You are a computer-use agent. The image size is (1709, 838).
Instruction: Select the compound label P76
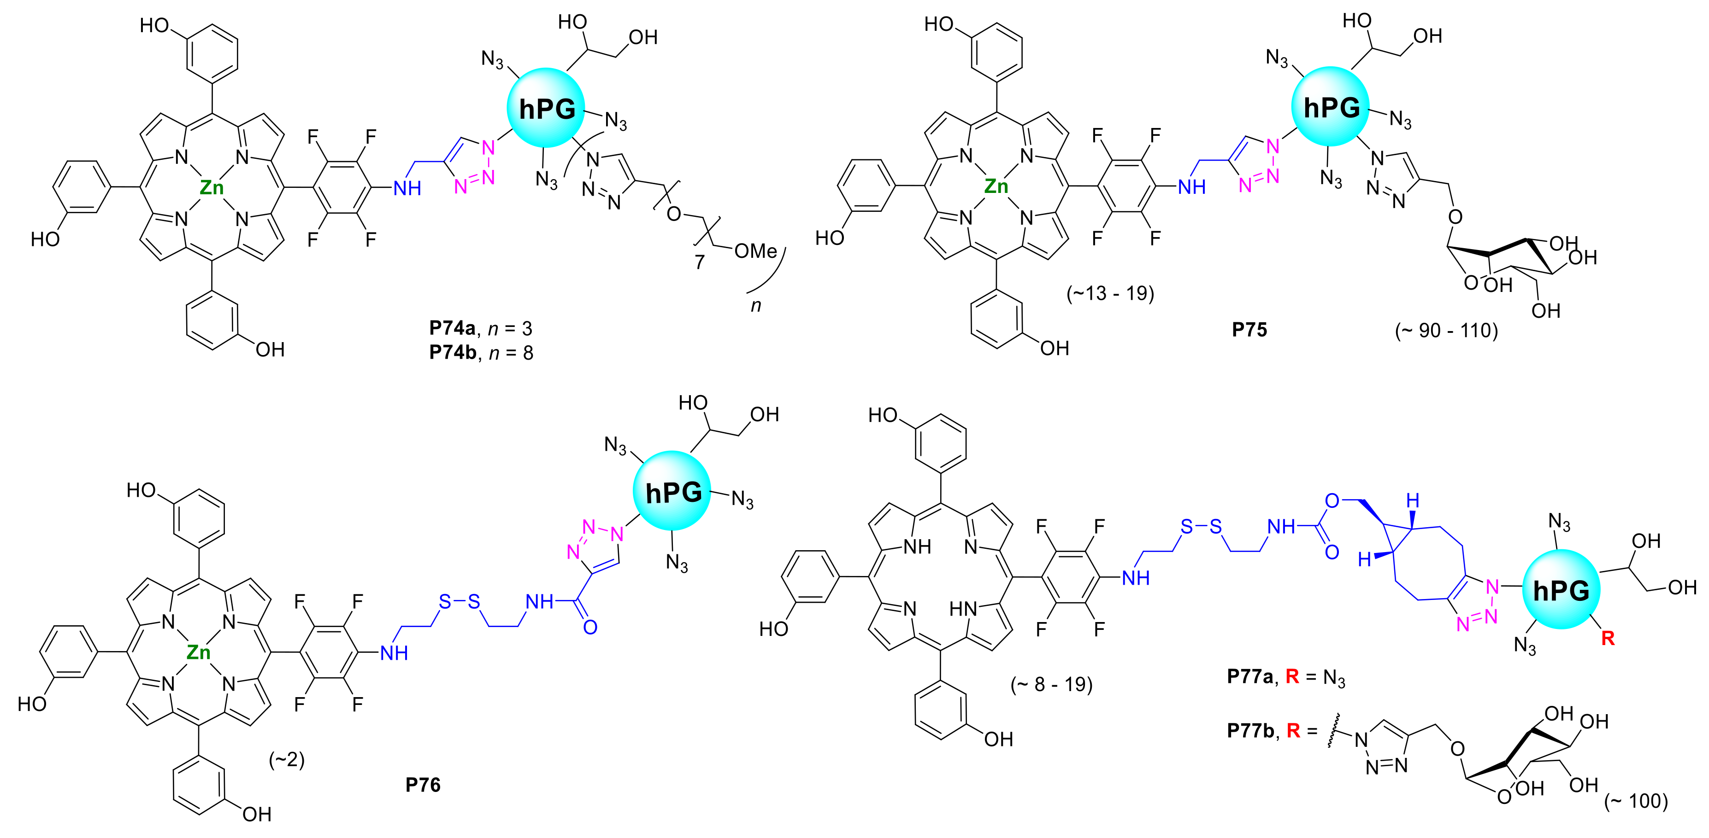[x=423, y=785]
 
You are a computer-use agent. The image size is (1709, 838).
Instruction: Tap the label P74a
[x=453, y=328]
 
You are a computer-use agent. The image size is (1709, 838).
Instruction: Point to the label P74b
[x=453, y=352]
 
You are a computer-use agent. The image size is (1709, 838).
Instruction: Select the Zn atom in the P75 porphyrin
[x=996, y=187]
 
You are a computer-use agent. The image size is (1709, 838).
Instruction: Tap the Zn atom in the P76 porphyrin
[x=198, y=653]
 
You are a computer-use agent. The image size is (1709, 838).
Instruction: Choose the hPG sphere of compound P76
[x=672, y=492]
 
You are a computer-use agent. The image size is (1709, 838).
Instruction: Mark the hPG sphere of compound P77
[x=1561, y=590]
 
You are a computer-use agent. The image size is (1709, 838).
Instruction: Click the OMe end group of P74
[x=756, y=251]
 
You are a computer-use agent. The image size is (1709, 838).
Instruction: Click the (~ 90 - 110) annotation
[x=1446, y=330]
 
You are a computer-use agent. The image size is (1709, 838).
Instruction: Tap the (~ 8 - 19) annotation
[x=1052, y=684]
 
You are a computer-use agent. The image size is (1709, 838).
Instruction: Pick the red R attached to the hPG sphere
[x=1608, y=639]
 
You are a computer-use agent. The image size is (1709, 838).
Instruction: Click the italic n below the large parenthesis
[x=756, y=306]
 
